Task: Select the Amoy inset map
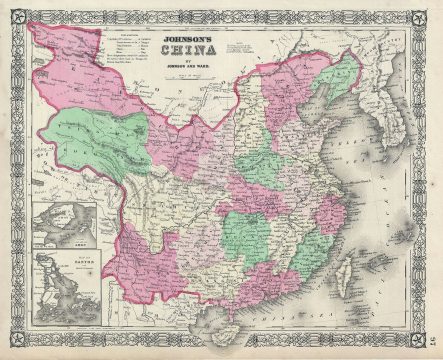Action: point(65,225)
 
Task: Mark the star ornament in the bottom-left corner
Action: point(11,349)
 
